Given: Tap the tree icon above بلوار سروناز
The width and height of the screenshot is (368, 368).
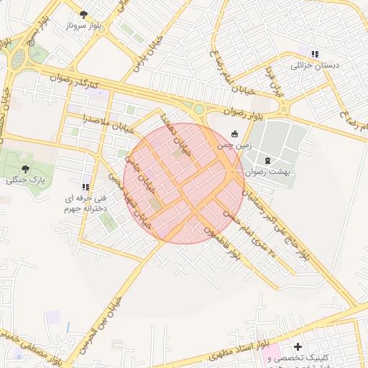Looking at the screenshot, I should [x=84, y=14].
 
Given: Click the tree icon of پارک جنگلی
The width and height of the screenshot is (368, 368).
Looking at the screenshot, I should [x=25, y=168].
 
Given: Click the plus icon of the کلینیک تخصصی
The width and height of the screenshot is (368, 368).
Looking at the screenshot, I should [x=298, y=346].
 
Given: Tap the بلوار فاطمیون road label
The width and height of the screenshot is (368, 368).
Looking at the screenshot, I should [x=220, y=240].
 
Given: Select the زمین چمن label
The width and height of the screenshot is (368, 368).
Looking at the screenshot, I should [x=235, y=145].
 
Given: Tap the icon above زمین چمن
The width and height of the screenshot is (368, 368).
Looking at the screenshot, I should [x=235, y=133].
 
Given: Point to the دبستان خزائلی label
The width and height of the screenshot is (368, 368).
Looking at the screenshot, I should [x=314, y=65].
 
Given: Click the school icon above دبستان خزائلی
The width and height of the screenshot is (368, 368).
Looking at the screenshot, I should [x=314, y=53].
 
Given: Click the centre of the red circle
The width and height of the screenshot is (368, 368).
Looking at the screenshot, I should [x=183, y=183].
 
